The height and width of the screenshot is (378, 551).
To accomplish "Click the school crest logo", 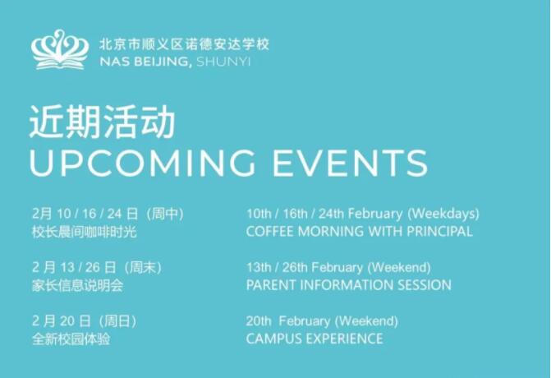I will pyautogui.click(x=60, y=50).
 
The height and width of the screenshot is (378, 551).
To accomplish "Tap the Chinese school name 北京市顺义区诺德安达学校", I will pyautogui.click(x=183, y=44).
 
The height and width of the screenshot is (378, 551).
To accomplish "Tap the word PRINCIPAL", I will pyautogui.click(x=439, y=232).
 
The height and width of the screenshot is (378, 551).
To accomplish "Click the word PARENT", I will pyautogui.click(x=269, y=285).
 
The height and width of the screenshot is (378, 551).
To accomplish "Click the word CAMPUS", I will pyautogui.click(x=270, y=339).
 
